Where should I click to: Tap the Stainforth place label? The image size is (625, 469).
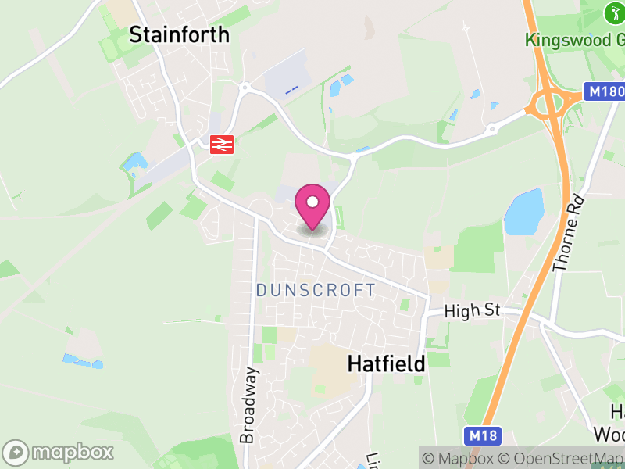180,34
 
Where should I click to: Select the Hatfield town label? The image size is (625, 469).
386,363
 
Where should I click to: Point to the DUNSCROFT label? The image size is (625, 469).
316,290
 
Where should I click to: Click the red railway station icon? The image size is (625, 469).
223,143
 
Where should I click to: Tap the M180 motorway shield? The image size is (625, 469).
604,92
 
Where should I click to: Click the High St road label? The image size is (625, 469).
471,310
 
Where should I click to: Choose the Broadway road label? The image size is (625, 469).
248,405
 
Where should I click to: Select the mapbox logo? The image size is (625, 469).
59,452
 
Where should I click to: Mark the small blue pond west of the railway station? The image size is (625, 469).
134,163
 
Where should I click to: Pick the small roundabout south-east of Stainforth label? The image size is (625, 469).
245,87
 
